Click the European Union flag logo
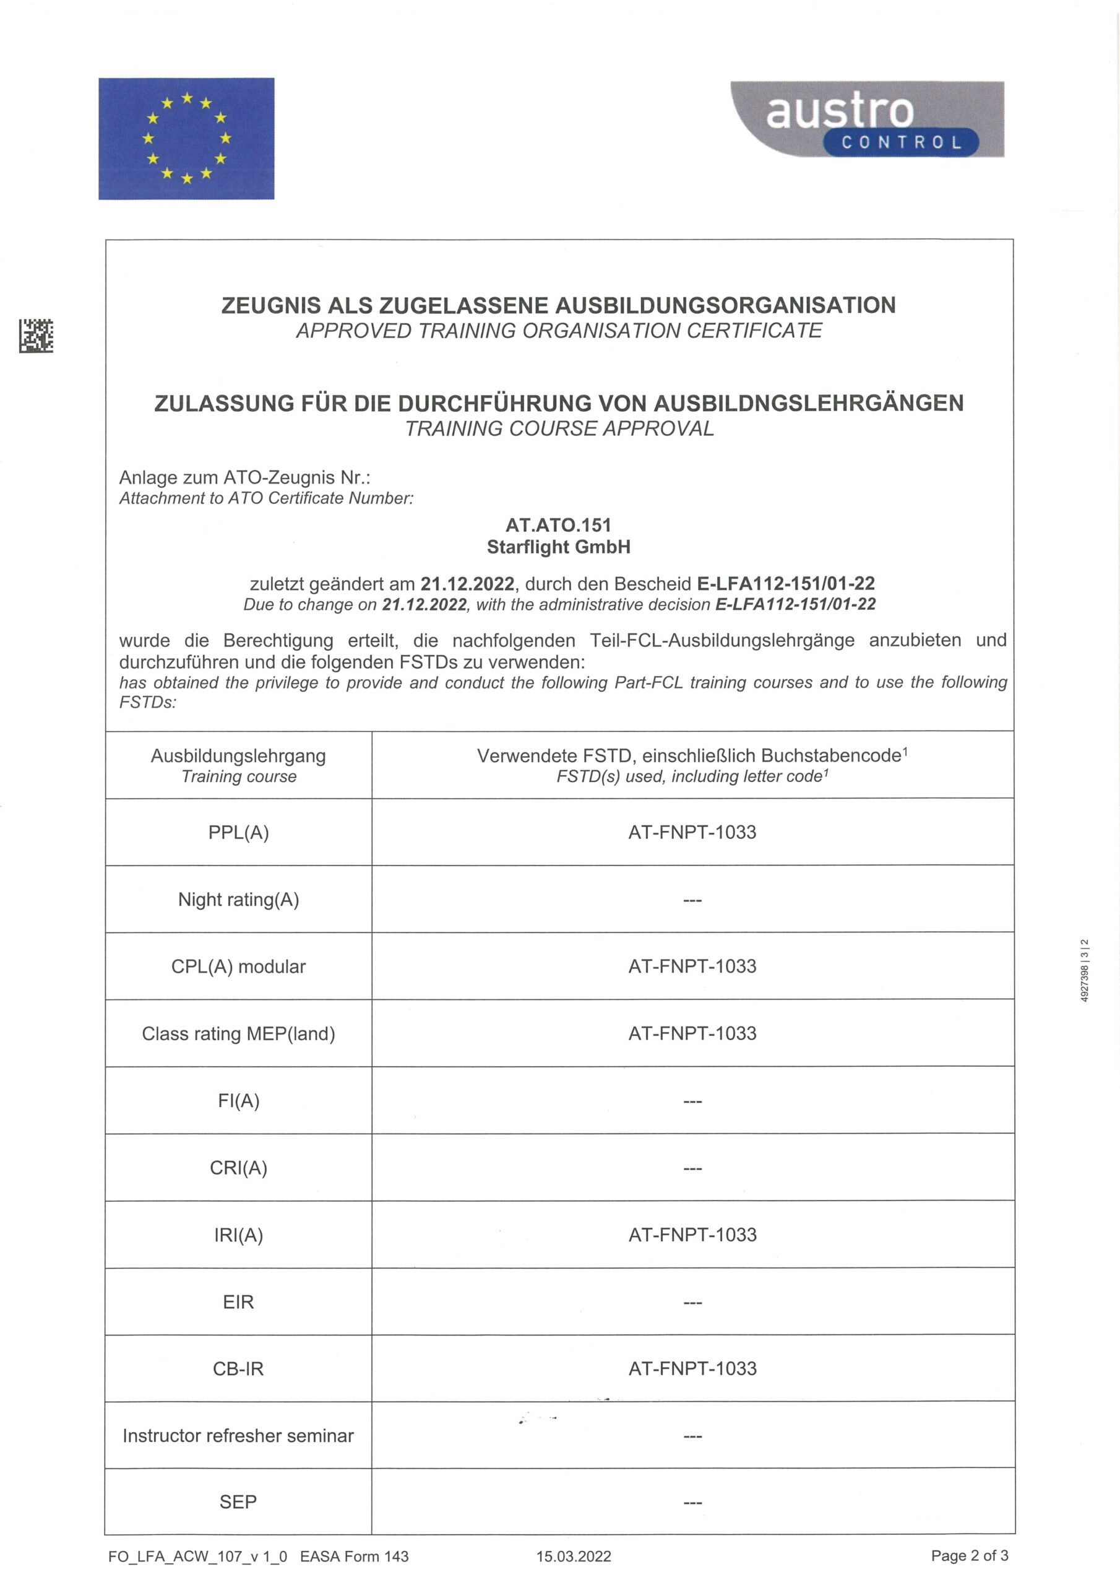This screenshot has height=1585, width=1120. click(x=186, y=138)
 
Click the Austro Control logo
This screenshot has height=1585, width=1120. click(x=867, y=119)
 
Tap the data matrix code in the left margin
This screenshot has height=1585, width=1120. click(x=36, y=336)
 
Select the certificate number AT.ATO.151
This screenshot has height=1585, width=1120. click(x=558, y=526)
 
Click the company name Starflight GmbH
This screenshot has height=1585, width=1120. click(x=558, y=547)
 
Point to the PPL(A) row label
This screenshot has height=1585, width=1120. click(x=238, y=832)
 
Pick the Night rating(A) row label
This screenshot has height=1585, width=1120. click(x=238, y=900)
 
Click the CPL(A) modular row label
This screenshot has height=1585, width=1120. click(x=238, y=966)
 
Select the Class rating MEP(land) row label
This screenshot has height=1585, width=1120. click(x=238, y=1033)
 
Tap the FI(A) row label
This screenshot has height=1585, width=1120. click(x=238, y=1100)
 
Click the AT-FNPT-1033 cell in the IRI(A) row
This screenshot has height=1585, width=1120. click(x=692, y=1235)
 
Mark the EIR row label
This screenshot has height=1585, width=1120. click(x=238, y=1302)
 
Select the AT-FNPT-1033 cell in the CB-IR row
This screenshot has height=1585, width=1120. click(x=692, y=1368)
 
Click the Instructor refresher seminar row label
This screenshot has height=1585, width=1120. click(x=238, y=1436)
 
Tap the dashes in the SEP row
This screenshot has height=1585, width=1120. click(x=692, y=1502)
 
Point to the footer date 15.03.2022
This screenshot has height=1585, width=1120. click(x=574, y=1556)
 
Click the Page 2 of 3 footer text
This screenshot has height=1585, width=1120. click(x=969, y=1555)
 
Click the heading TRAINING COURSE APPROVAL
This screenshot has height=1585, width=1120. click(x=559, y=428)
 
